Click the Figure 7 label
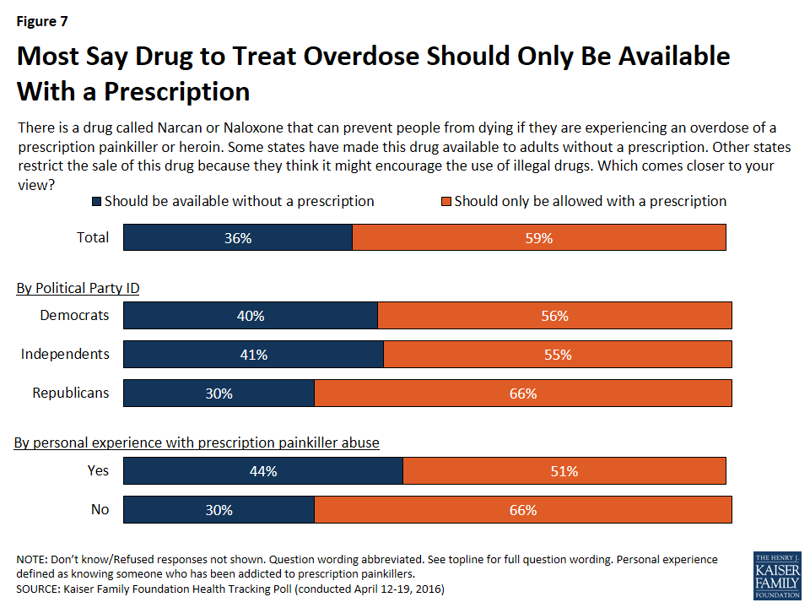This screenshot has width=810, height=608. pos(44,19)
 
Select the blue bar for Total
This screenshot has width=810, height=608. pos(238,237)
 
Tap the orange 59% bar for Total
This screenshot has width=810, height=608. pos(539,237)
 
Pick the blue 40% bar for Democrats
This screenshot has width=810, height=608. pos(251,315)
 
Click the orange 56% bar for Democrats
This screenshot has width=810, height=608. pos(554,315)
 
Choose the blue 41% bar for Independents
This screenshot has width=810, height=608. pos(253,355)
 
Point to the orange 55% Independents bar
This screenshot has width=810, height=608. pos(558,355)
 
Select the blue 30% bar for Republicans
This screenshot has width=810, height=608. pos(219,394)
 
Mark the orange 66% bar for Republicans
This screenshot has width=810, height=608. pos(523,394)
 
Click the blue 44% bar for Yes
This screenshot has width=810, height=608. pos(263,471)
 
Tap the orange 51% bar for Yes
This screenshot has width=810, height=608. pos(564,471)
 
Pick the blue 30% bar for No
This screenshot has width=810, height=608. pos(219,510)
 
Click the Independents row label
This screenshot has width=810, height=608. pos(65,354)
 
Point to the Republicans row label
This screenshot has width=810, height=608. pos(71,393)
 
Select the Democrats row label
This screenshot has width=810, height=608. pos(74,315)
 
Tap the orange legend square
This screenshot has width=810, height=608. pos(446,202)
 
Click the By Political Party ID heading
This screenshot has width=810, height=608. pos(78,288)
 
